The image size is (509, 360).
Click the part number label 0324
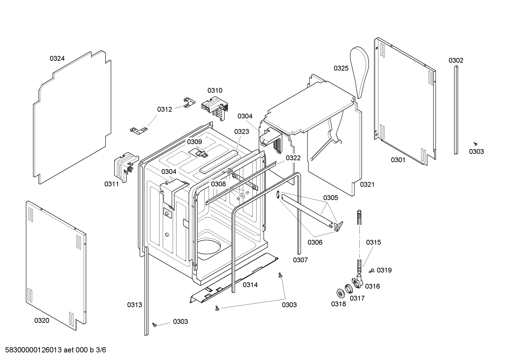(x=57, y=59)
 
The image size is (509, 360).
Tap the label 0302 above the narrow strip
(x=456, y=60)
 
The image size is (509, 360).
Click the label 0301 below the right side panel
(x=398, y=160)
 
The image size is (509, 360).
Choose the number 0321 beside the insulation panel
(x=367, y=184)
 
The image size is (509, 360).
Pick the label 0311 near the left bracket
(x=111, y=184)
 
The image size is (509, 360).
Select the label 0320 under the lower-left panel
(x=42, y=321)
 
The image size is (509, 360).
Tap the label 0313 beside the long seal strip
(x=134, y=305)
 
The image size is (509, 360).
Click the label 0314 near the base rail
(x=250, y=285)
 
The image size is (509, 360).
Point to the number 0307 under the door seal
(x=300, y=260)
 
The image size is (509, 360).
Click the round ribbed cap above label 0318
(x=340, y=293)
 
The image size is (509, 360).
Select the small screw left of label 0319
(x=371, y=271)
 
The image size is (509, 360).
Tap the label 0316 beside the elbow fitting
(x=372, y=286)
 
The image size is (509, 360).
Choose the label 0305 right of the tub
(x=330, y=198)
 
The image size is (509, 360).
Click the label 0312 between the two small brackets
(x=164, y=110)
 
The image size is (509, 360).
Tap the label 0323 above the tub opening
(x=241, y=132)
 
